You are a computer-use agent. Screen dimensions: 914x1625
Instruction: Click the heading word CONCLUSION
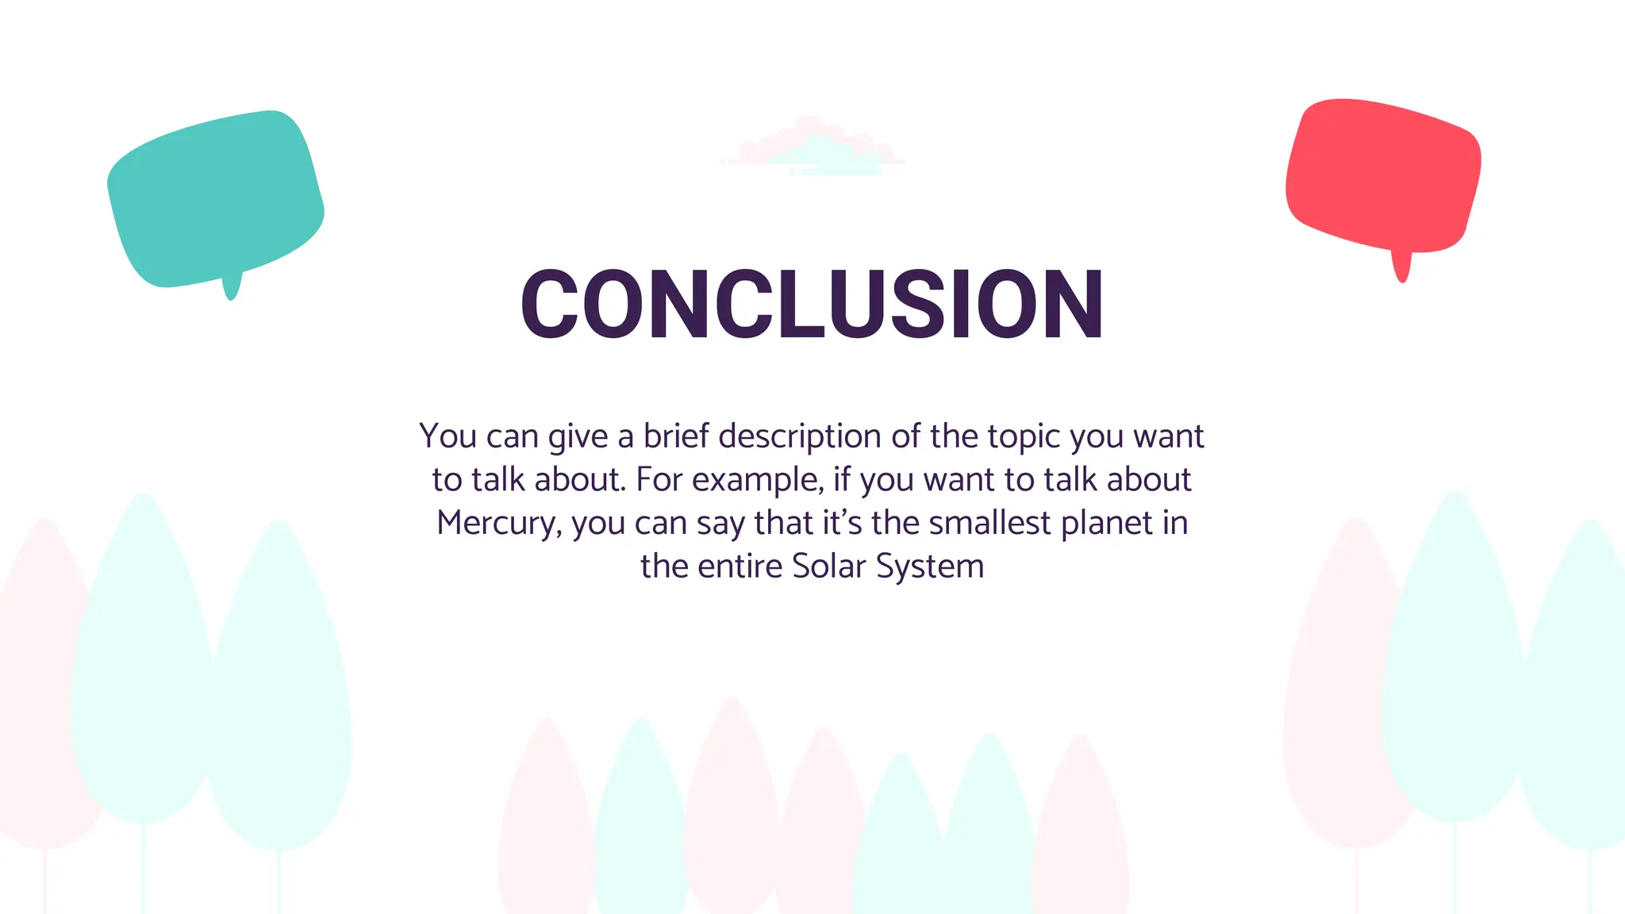point(812,304)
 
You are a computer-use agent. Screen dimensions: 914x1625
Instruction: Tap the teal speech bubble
point(215,198)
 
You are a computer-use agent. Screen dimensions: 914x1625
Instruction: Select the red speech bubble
point(1383,175)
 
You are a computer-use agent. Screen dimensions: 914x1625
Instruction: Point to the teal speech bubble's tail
point(231,287)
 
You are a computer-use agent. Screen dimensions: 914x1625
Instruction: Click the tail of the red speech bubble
point(1402,268)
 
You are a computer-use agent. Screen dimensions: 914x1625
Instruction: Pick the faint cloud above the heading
point(812,148)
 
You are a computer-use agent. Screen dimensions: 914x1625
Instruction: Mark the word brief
point(675,436)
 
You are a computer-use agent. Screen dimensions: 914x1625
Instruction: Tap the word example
point(758,480)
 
